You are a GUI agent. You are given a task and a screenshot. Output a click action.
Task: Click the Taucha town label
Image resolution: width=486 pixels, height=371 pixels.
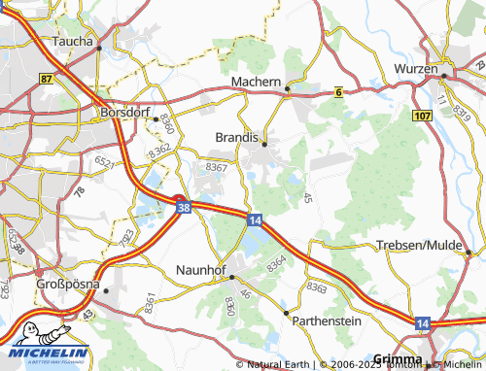pos(74,42)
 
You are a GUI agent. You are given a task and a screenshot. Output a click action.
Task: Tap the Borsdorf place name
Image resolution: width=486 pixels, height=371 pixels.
pos(125,112)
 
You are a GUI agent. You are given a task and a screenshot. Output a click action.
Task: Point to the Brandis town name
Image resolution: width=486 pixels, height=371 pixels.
pos(236,138)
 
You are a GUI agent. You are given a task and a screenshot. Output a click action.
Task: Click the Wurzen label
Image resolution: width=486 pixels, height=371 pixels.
pos(416,69)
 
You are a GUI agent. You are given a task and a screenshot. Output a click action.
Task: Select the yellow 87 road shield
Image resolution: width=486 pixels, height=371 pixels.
pos(48,79)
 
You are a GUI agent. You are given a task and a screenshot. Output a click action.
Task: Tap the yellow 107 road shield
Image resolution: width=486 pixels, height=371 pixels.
pos(422,116)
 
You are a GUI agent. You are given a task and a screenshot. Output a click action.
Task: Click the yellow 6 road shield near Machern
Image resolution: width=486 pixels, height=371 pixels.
pos(338,92)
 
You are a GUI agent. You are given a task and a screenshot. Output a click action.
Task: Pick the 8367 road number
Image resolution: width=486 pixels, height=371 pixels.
pos(218,168)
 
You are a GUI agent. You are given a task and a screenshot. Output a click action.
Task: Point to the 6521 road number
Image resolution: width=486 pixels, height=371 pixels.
pos(104,161)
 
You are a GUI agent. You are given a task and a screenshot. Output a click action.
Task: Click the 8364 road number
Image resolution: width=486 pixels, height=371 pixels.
pos(277,262)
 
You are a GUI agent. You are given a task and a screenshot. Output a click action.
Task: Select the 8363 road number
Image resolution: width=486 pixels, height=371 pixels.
pos(317,288)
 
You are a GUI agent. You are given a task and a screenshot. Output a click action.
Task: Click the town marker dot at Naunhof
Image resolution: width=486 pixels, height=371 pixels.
pos(231,277)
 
